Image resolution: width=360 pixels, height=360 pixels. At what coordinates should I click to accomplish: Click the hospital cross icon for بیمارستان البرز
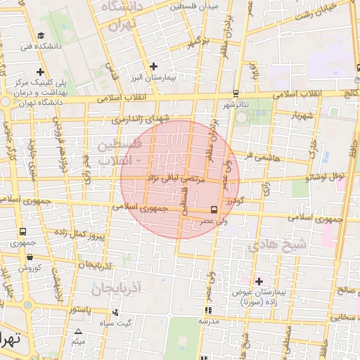pyautogui.click(x=153, y=66)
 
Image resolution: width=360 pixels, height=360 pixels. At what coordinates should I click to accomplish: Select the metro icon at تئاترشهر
pyautogui.click(x=235, y=93)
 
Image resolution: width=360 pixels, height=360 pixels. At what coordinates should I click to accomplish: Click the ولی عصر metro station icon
pyautogui.click(x=214, y=210)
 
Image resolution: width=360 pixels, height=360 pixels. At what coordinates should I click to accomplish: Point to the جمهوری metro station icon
pyautogui.click(x=23, y=231)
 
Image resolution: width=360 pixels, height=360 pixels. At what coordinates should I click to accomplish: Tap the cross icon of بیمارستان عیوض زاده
pyautogui.click(x=259, y=281)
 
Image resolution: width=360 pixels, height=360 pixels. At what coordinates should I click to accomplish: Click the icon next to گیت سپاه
pyautogui.click(x=116, y=313)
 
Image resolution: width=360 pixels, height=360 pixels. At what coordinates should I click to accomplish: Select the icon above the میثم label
pyautogui.click(x=78, y=330)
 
